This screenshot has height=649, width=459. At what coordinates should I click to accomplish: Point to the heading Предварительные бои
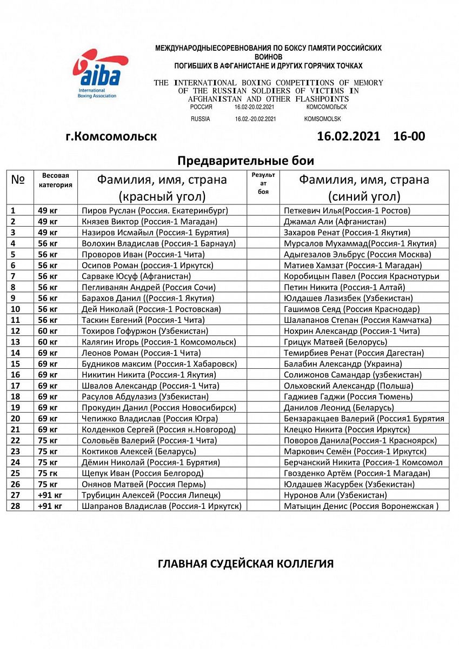coord(245,161)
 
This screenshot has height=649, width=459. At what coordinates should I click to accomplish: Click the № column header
coord(18,180)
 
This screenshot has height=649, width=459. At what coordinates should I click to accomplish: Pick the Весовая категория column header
coord(55,180)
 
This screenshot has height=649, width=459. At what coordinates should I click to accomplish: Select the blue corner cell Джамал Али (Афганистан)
coord(335,221)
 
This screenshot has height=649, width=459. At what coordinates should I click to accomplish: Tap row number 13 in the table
coord(16,342)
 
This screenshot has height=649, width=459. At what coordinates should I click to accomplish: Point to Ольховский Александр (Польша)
coord(348,386)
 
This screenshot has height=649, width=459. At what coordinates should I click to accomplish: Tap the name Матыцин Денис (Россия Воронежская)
coord(361,506)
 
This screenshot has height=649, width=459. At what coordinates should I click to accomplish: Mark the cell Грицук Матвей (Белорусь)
coord(335,342)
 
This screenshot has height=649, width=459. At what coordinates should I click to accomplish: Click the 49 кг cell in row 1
coord(48,210)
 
